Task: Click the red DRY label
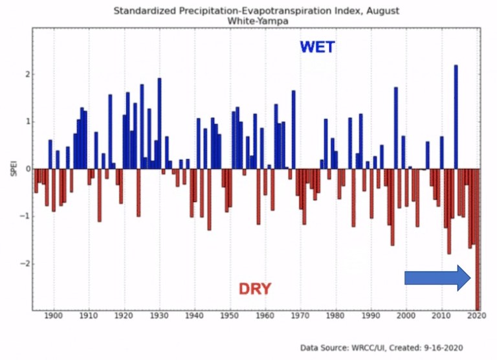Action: coord(255,289)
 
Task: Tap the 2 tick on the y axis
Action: coord(26,74)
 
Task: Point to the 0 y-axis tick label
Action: coord(26,169)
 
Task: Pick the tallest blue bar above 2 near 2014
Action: coord(456,117)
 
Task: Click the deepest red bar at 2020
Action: coord(478,240)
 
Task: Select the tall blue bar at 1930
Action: coord(159,123)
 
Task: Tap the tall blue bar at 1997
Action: coord(395,128)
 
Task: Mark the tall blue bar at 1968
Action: coord(293,129)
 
